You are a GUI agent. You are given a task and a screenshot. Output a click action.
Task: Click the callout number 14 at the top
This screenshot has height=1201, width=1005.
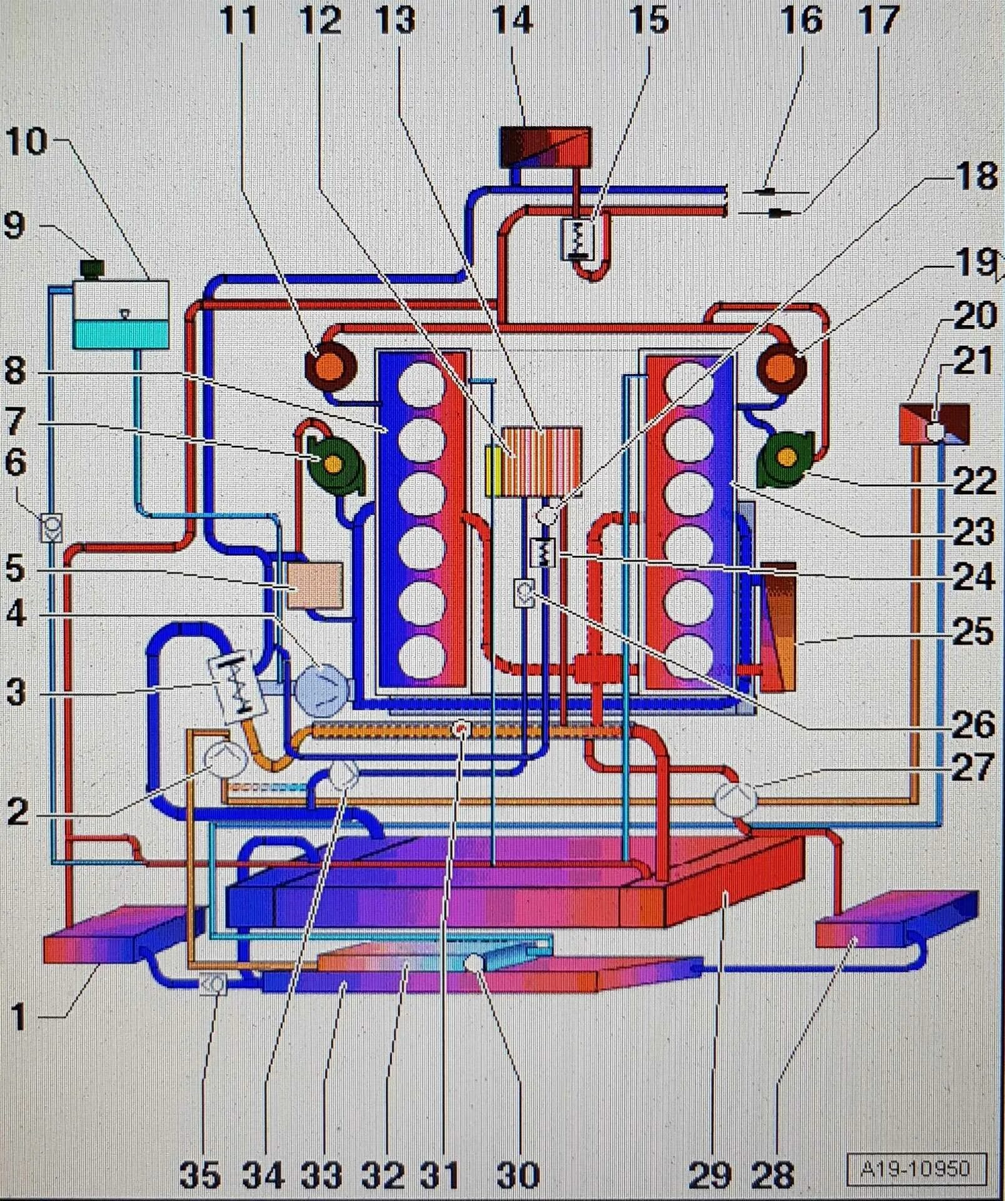[x=512, y=21]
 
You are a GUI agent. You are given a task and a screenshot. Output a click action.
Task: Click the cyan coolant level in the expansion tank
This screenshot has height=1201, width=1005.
[x=121, y=333]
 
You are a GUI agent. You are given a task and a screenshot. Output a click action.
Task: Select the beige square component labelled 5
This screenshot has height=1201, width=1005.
[x=315, y=586]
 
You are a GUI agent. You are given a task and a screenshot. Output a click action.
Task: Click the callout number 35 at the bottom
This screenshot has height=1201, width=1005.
[x=200, y=1175]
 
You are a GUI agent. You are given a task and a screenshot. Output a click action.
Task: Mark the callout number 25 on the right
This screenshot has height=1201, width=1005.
[x=973, y=632]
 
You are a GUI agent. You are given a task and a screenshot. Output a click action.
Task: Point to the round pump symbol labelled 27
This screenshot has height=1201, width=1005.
[x=735, y=799]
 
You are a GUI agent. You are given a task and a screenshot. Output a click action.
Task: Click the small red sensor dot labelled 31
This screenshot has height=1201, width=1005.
[x=461, y=729]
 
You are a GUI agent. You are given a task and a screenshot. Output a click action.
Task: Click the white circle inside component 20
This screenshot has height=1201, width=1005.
[x=936, y=431]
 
